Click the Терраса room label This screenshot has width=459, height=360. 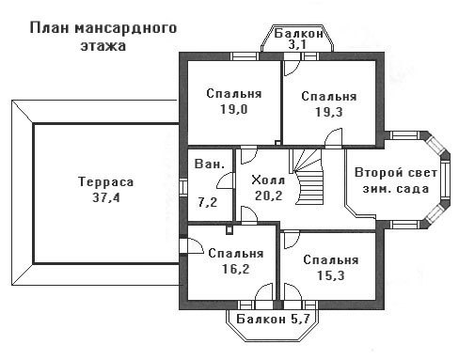click(x=106, y=181)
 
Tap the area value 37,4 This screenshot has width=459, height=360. click(x=106, y=197)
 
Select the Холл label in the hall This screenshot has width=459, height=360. click(x=268, y=180)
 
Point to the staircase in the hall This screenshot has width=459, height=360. click(x=308, y=177)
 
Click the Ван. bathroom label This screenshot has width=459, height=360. click(x=210, y=164)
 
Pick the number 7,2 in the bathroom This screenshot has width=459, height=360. click(x=208, y=202)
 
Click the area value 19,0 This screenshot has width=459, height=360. click(x=234, y=109)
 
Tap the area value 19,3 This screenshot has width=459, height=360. click(x=329, y=112)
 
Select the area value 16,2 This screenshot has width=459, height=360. click(x=235, y=269)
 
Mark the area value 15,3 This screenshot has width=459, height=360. click(x=331, y=275)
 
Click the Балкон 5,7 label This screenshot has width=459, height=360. click(x=273, y=319)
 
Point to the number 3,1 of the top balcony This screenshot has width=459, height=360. click(x=297, y=45)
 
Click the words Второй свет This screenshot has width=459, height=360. click(x=396, y=173)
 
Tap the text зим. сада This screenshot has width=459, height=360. click(x=396, y=189)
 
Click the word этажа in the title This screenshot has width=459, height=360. click(x=103, y=46)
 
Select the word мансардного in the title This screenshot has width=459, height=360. click(x=126, y=28)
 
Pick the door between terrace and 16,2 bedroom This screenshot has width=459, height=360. click(x=191, y=245)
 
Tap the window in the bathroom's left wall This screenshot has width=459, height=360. click(x=183, y=187)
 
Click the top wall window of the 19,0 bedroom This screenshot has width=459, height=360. click(x=245, y=56)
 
